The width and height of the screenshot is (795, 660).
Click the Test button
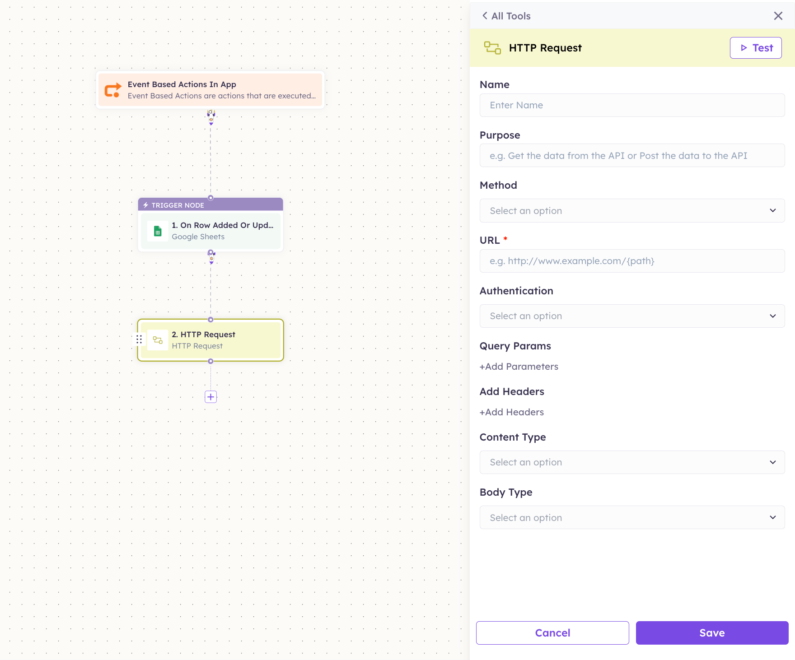click(756, 48)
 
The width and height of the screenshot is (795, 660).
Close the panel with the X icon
click(778, 16)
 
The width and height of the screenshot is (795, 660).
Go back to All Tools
click(506, 16)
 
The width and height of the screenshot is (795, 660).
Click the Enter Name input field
click(632, 105)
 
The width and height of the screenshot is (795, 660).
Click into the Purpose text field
click(632, 156)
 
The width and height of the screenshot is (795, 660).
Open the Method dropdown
click(632, 211)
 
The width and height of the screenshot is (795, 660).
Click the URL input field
click(632, 261)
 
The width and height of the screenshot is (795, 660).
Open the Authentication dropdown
click(632, 316)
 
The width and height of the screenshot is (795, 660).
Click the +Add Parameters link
click(519, 367)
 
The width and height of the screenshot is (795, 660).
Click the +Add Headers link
click(512, 412)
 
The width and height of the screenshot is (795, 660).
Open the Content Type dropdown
click(632, 462)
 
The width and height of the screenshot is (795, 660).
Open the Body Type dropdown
click(632, 517)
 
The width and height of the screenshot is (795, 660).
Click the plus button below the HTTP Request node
click(211, 397)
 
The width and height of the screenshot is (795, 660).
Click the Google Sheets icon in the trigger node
click(158, 231)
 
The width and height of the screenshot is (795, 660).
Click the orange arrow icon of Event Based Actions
click(113, 90)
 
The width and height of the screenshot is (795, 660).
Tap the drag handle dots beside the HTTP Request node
click(139, 339)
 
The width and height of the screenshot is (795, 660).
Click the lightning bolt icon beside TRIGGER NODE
click(146, 205)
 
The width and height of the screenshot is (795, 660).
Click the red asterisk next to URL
click(505, 238)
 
